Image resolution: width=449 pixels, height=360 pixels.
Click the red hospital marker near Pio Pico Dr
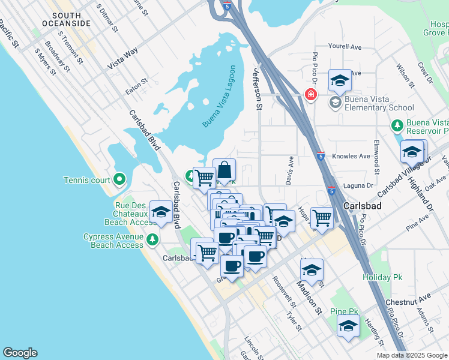[310, 94]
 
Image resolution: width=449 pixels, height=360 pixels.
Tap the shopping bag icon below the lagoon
[224, 171]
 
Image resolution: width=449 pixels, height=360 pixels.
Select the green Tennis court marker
[119, 179]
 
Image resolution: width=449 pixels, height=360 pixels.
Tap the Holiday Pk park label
[381, 277]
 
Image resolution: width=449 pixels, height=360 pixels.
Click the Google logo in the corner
[20, 353]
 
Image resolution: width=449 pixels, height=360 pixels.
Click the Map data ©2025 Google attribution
[412, 355]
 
